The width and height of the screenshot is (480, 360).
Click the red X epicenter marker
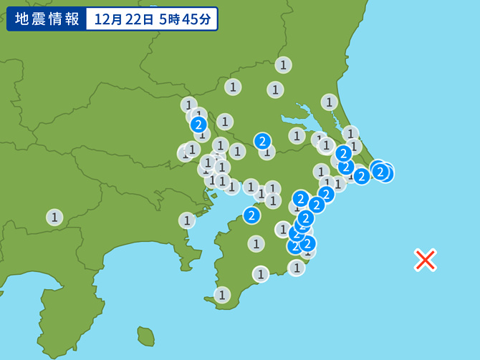(426, 260)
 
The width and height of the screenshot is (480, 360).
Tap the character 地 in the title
(22, 19)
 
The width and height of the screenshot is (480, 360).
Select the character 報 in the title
(72, 19)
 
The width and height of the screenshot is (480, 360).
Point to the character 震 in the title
(39, 19)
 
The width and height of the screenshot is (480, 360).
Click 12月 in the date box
(107, 19)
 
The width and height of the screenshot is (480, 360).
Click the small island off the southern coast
(146, 335)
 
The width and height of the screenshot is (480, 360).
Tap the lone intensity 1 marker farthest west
(55, 217)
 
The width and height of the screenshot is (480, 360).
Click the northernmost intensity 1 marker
(284, 65)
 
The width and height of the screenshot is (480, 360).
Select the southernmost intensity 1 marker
(223, 294)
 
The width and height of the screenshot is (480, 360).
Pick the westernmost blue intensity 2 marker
(199, 125)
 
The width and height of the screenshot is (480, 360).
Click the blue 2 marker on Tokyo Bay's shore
(251, 214)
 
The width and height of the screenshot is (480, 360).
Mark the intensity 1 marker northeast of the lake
(330, 102)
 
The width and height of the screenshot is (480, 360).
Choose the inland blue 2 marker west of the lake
(263, 141)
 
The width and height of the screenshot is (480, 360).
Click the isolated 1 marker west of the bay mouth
(187, 220)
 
